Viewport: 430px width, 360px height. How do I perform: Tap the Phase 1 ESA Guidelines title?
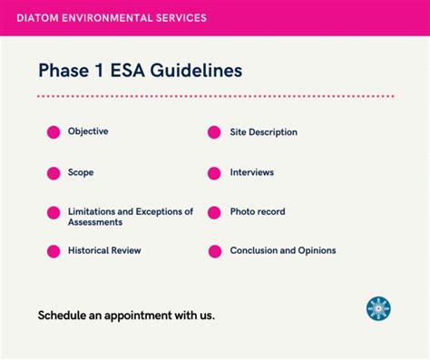[140, 70]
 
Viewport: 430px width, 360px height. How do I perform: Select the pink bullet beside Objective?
[54, 132]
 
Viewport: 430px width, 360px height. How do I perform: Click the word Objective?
[88, 131]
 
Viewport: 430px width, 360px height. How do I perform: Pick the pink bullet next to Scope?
[54, 172]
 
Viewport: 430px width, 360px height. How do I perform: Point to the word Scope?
[81, 171]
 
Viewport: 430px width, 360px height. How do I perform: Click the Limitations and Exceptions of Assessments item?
[130, 216]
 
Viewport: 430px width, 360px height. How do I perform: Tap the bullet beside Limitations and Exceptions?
[54, 212]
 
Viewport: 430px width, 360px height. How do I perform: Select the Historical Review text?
[104, 250]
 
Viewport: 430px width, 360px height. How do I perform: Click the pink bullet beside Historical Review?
[54, 250]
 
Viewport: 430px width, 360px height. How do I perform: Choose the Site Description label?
[263, 132]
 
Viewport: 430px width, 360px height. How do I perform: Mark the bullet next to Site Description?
[214, 132]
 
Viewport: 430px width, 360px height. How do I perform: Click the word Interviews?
[251, 172]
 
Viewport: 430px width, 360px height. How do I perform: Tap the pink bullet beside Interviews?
[214, 172]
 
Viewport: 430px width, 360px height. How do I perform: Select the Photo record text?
[258, 211]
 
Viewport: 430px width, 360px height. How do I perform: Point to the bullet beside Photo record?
[214, 212]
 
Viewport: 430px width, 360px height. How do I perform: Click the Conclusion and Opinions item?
[283, 250]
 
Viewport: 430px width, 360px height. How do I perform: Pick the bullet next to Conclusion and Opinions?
[214, 251]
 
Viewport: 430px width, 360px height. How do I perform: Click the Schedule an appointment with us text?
[126, 316]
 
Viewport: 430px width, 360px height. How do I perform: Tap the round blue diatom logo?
[378, 308]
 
